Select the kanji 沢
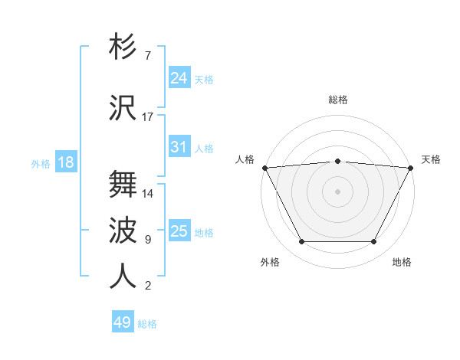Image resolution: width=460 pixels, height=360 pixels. [x=123, y=108]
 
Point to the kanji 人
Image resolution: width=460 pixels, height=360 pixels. [x=123, y=277]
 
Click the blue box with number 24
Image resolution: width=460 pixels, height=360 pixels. [x=179, y=78]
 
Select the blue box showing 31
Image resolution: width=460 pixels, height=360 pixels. [x=179, y=147]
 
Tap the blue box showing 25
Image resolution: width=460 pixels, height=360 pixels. [x=179, y=231]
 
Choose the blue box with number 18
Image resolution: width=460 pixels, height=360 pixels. [x=65, y=162]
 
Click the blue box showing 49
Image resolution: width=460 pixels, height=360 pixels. [x=123, y=322]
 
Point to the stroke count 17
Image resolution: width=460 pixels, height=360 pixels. [x=148, y=117]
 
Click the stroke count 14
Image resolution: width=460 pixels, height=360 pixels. [x=148, y=193]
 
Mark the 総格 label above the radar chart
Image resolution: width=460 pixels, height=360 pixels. [x=338, y=100]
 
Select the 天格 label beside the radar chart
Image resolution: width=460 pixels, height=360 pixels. [x=431, y=159]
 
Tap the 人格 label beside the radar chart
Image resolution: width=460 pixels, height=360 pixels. [x=245, y=159]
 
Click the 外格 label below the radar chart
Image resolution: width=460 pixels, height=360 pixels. [x=270, y=262]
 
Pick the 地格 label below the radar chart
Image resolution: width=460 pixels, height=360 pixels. [x=402, y=262]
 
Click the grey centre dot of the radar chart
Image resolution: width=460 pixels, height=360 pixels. [x=337, y=191]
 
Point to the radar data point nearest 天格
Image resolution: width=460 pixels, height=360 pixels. [x=411, y=168]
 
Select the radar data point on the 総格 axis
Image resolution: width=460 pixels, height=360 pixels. [x=337, y=161]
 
